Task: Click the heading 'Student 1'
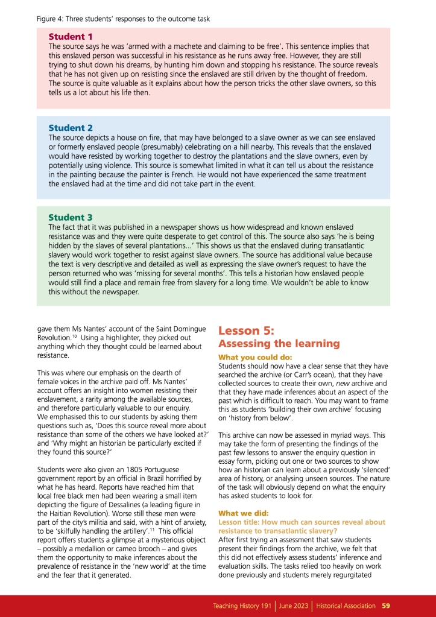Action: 71,37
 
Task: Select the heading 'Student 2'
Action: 71,128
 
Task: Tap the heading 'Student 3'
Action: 71,217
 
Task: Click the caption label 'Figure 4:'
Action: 51,19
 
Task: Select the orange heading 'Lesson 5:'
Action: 246,331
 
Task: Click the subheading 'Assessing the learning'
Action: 279,344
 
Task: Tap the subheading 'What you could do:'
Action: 254,358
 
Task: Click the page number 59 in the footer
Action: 386,606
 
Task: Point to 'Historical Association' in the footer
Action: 346,606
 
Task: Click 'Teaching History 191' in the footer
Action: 242,606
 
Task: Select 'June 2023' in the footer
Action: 294,606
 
